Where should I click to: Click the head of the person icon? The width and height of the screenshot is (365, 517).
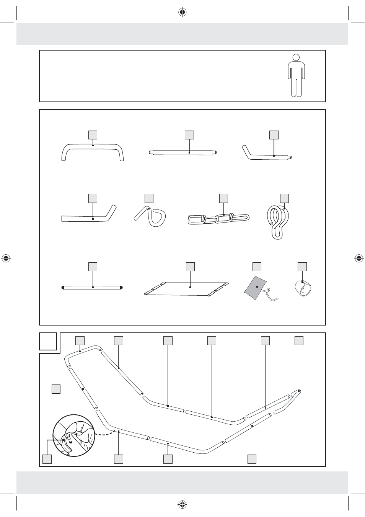[296, 58]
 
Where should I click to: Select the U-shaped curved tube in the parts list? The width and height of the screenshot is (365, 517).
[93, 147]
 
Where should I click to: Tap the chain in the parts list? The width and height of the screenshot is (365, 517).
[218, 219]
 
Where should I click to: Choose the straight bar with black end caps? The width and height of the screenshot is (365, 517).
[92, 287]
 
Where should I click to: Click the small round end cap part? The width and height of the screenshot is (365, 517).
[303, 288]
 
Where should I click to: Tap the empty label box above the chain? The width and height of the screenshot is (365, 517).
[223, 198]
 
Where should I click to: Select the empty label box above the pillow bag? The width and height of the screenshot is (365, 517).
[257, 267]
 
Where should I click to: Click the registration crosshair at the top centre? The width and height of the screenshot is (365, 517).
[182, 13]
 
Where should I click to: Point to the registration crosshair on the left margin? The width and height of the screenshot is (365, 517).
[6, 258]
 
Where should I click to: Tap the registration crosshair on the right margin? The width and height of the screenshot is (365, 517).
[359, 258]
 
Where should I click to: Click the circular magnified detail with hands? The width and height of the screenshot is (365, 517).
[74, 435]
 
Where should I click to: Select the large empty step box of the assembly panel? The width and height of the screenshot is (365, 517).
[48, 341]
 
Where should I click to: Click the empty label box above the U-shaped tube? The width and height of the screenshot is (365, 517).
[93, 135]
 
